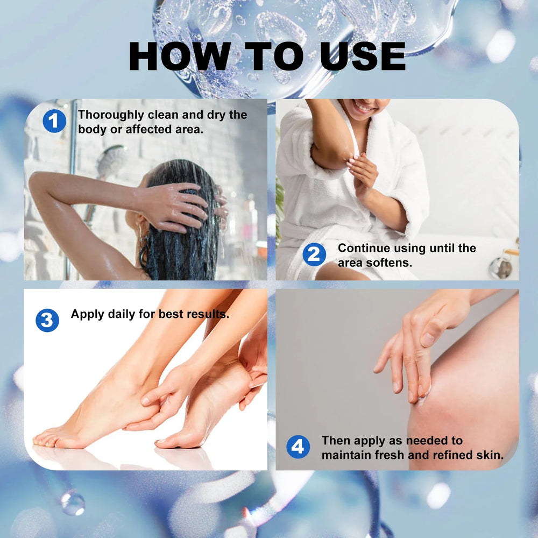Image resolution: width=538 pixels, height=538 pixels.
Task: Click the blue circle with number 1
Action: (x=54, y=121)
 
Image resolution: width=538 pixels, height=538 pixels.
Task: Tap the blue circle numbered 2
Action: (x=314, y=254)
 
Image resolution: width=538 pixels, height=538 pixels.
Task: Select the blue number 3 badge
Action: (x=47, y=321)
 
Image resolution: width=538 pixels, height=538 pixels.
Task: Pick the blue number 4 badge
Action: (x=298, y=447)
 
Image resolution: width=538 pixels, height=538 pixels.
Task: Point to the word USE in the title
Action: (x=363, y=56)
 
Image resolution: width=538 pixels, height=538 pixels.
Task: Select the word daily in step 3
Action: (x=122, y=314)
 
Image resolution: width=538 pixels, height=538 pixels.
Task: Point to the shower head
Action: (x=111, y=160)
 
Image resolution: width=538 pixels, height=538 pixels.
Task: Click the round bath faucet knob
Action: (x=500, y=268)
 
